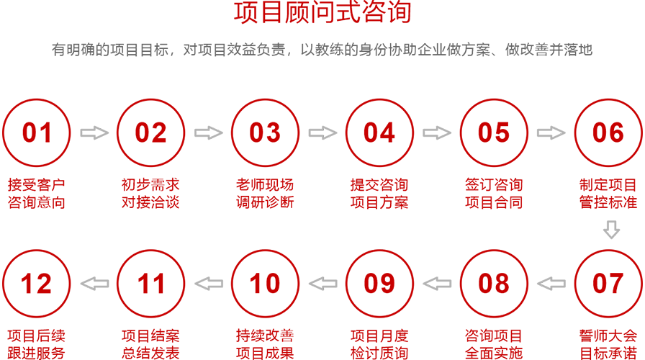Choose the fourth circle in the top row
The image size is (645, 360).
tap(378, 133)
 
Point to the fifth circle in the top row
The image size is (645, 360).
tap(486, 133)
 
